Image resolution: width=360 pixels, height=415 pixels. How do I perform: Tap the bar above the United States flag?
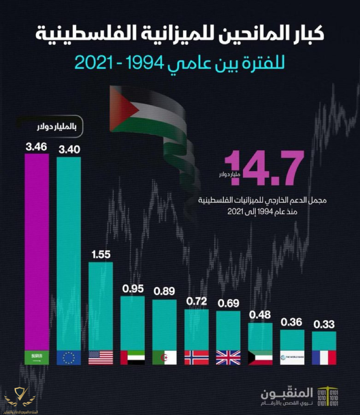(x=100, y=306)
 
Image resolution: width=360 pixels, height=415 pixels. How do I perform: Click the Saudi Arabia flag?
(x=37, y=357)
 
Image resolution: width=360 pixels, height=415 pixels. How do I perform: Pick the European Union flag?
(x=69, y=357)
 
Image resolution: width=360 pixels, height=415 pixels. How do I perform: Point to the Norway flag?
(x=196, y=357)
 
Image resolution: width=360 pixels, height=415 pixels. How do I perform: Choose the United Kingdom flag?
(x=228, y=357)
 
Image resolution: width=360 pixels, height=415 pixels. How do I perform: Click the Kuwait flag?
(x=260, y=357)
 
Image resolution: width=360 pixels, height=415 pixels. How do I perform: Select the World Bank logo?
(x=292, y=357)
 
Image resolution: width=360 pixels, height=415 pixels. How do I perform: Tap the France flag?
(x=324, y=357)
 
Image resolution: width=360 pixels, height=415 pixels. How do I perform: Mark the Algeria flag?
(x=164, y=357)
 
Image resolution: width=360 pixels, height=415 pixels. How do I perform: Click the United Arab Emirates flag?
(x=133, y=357)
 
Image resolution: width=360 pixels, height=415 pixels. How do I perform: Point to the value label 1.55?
(x=100, y=255)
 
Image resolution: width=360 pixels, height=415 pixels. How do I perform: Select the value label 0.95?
(x=133, y=289)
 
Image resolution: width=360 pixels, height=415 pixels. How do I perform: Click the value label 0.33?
(x=324, y=324)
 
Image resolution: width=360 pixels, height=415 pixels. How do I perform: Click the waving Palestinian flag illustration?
(x=152, y=121)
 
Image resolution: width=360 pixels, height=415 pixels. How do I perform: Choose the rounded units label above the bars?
(x=57, y=127)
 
